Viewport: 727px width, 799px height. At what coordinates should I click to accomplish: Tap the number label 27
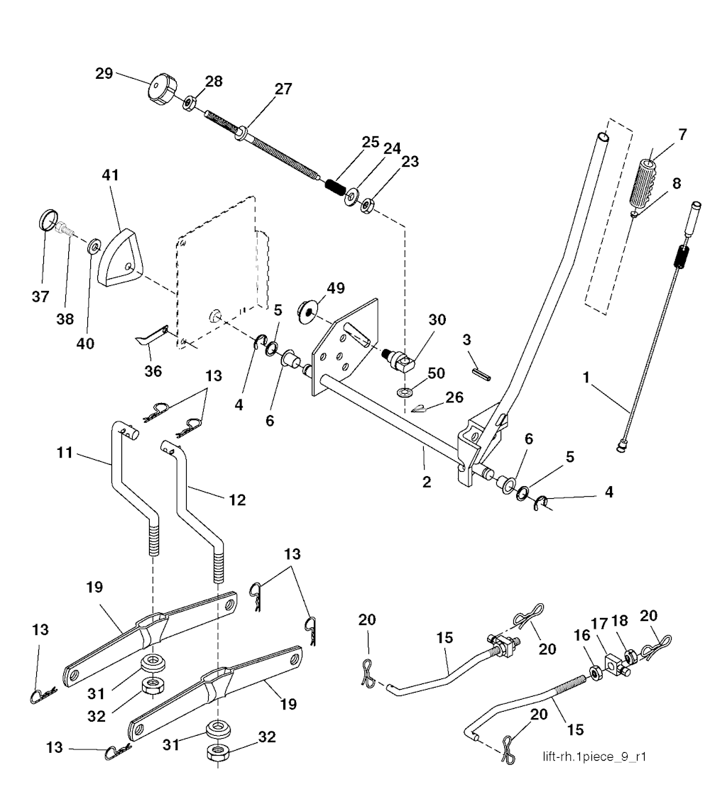click(x=283, y=89)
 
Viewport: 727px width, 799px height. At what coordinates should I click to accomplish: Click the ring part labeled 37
click(x=48, y=221)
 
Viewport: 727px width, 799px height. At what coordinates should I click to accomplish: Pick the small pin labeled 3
click(x=481, y=370)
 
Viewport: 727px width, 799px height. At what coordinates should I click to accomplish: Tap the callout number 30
click(x=437, y=320)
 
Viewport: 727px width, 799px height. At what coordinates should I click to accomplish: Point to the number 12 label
click(x=237, y=500)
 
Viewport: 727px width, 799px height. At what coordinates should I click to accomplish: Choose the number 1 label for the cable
click(x=587, y=380)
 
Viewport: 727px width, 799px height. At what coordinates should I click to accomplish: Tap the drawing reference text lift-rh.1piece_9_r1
click(x=594, y=756)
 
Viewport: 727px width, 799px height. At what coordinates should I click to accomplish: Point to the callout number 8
click(x=676, y=183)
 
